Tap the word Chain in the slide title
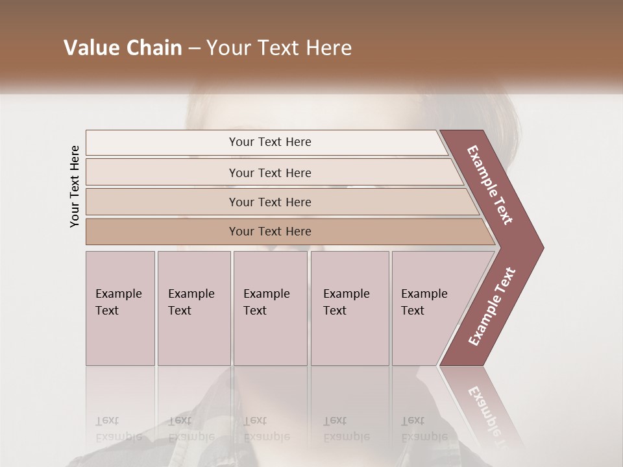pyautogui.click(x=152, y=48)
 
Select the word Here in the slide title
pyautogui.click(x=328, y=48)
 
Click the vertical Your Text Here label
pyautogui.click(x=75, y=186)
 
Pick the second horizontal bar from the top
pyautogui.click(x=270, y=173)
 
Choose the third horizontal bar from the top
pyautogui.click(x=270, y=202)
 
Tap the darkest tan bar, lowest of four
pyautogui.click(x=270, y=232)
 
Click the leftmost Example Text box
pyautogui.click(x=120, y=308)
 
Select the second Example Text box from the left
pyautogui.click(x=194, y=308)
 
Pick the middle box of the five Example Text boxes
pyautogui.click(x=270, y=308)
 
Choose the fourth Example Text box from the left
pyautogui.click(x=350, y=308)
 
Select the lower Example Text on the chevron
pyautogui.click(x=492, y=307)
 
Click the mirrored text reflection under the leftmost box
pyautogui.click(x=118, y=428)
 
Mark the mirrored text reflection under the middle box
pyautogui.click(x=266, y=428)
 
